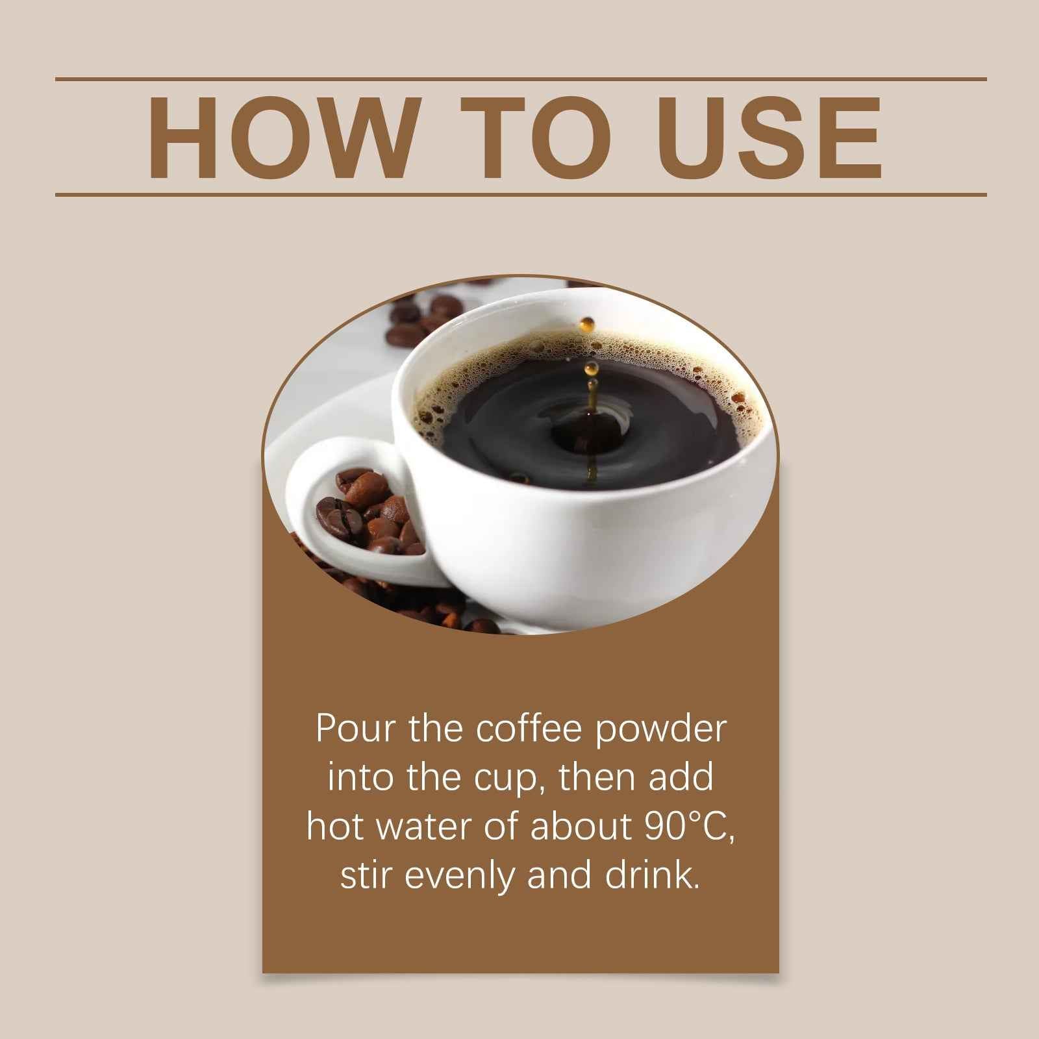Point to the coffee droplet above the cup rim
coord(588,323)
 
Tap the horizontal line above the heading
coord(519,79)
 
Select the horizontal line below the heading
coord(519,194)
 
